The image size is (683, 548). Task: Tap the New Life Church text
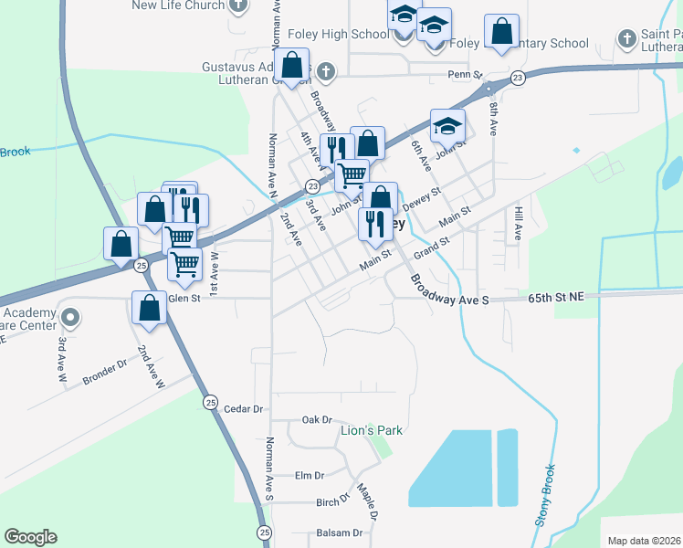178,5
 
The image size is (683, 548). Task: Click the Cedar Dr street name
244,409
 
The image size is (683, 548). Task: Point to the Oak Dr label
318,419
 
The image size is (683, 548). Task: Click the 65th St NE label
558,297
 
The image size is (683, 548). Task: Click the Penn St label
464,74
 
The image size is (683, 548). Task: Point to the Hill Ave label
517,223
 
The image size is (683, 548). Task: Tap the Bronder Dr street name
104,375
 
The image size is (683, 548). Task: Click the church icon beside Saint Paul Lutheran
626,38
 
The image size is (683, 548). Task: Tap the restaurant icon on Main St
375,223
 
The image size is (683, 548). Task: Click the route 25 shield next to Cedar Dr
211,402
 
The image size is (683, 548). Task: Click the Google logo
31,537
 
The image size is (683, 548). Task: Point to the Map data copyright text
644,541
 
